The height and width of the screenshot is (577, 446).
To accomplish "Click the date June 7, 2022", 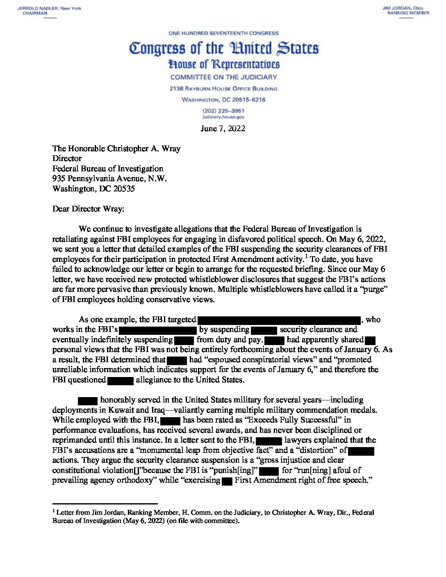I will click(x=223, y=129).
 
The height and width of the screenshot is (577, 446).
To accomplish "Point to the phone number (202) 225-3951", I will click(x=223, y=111).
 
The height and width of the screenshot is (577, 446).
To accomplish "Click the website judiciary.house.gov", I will click(x=223, y=117).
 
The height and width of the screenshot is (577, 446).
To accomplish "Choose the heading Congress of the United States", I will click(x=223, y=48).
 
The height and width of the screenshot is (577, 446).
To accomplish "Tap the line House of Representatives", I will click(x=223, y=65).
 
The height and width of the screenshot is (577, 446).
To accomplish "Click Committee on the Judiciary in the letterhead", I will click(x=223, y=77).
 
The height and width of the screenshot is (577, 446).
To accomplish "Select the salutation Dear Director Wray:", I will click(x=88, y=209).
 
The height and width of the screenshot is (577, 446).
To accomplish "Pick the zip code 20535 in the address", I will click(x=124, y=189).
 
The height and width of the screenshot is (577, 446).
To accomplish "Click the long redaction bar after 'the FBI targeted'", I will click(x=279, y=320).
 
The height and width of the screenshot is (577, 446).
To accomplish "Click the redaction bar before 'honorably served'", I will click(x=88, y=400).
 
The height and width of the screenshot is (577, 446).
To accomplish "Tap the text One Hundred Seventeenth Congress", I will click(x=223, y=33).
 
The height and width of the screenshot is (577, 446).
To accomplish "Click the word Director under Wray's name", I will click(x=67, y=159).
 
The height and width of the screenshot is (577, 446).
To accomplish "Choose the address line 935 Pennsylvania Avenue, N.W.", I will click(x=109, y=179).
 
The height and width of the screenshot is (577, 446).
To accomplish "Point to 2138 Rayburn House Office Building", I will click(x=223, y=89).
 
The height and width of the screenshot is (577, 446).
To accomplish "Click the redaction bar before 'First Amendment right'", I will click(x=227, y=481).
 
